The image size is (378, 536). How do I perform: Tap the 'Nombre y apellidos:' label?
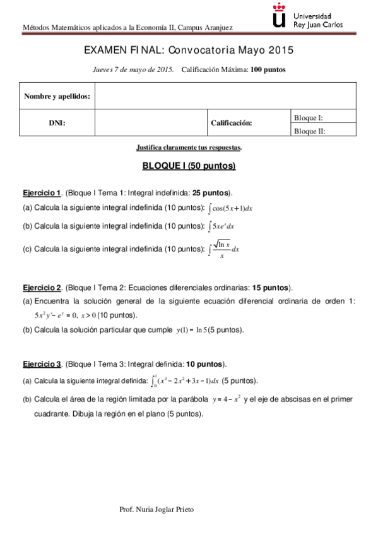[x=57, y=97]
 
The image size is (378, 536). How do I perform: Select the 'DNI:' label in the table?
[x=57, y=123]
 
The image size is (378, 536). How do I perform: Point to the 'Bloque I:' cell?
[x=309, y=118]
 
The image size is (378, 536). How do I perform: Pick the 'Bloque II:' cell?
[x=310, y=131]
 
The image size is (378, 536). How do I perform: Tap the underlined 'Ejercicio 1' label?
[x=42, y=192]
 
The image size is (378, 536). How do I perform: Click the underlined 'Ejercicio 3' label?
[x=42, y=364]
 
